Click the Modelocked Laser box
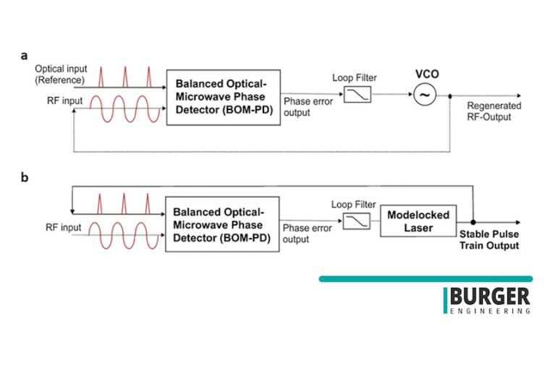click(418, 221)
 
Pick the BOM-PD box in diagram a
click(223, 98)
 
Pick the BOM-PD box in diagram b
click(222, 225)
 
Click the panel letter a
click(25, 55)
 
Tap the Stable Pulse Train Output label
click(489, 240)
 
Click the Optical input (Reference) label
click(60, 74)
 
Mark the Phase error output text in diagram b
click(307, 234)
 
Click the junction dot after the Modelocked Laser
click(473, 221)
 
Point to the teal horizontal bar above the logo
click(425, 278)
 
